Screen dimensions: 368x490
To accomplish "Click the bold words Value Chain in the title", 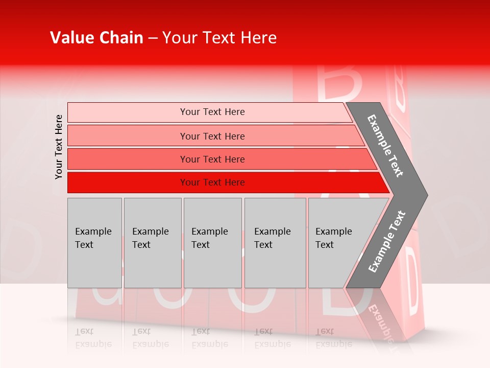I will pyautogui.click(x=96, y=38).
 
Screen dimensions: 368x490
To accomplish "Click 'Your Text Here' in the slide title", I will pyautogui.click(x=219, y=38).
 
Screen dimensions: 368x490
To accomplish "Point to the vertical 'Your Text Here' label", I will pyautogui.click(x=59, y=147).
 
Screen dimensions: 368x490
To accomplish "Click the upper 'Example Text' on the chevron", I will pyautogui.click(x=385, y=146).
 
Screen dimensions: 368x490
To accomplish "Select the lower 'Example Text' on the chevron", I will pyautogui.click(x=386, y=242).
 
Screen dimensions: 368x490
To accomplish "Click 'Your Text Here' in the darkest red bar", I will pyautogui.click(x=212, y=182).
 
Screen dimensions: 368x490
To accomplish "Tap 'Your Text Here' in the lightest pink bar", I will pyautogui.click(x=212, y=112).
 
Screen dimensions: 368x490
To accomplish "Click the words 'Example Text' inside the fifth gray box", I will pyautogui.click(x=333, y=238).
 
